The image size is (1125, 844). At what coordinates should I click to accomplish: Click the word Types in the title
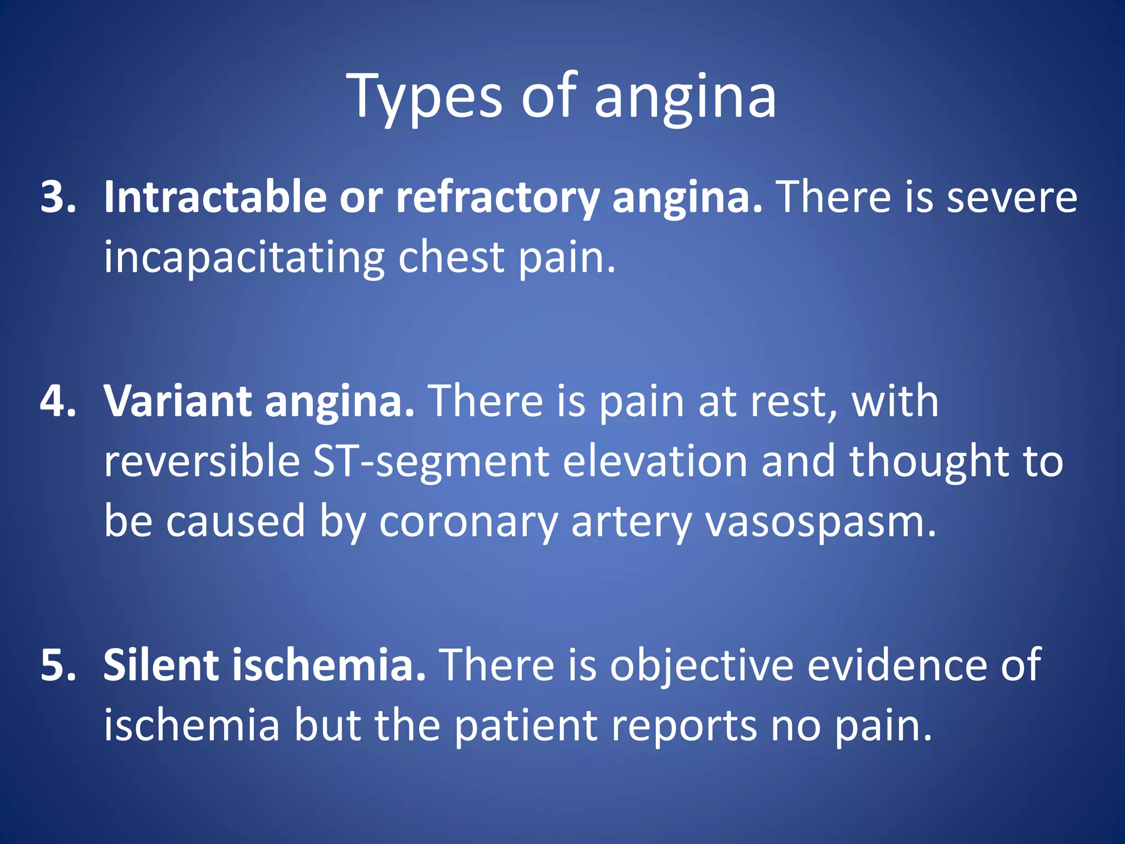424,98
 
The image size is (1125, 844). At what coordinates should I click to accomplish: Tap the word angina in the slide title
685,98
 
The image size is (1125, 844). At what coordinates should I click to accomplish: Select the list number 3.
58,197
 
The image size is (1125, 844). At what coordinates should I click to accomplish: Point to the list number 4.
58,401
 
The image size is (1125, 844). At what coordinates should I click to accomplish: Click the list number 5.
58,665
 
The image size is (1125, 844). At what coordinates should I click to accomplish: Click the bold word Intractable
215,197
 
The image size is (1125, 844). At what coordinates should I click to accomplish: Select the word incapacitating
244,257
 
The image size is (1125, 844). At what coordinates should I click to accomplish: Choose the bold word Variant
177,401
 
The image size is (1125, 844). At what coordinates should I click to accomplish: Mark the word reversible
202,462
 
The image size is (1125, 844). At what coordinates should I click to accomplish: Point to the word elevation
655,462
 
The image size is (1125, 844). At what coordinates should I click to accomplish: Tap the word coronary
469,522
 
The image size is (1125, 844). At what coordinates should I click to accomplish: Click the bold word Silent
160,665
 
